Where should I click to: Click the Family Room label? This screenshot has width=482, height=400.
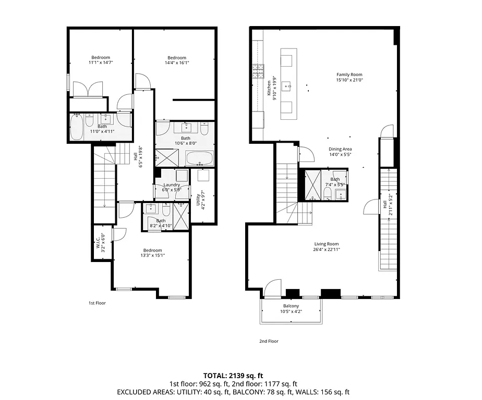point(349,74)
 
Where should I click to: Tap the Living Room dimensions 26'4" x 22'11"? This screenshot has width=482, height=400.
point(327,249)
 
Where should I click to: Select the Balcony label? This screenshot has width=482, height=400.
point(291,306)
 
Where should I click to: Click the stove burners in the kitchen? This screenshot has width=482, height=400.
point(258,70)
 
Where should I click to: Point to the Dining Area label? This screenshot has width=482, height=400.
point(340,149)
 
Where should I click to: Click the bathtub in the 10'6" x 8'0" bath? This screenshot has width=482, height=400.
point(199,158)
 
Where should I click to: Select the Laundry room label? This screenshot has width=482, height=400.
point(172,185)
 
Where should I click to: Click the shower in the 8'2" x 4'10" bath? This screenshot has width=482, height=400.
point(181,216)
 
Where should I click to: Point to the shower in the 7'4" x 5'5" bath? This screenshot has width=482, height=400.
point(314,185)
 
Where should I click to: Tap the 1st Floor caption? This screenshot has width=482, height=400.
point(97,303)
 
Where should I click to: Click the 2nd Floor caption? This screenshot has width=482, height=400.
point(269,341)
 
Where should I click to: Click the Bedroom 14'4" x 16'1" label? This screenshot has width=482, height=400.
point(177,58)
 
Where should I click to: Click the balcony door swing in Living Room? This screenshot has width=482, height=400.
point(272,289)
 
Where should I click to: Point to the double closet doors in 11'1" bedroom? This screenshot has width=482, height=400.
point(88,90)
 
